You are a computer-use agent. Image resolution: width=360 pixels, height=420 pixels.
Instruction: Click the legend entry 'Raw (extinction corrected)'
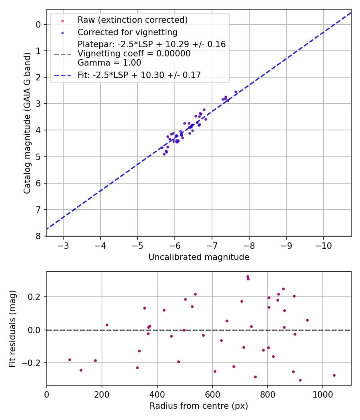132,20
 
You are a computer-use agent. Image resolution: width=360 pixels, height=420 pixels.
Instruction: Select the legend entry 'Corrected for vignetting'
128,32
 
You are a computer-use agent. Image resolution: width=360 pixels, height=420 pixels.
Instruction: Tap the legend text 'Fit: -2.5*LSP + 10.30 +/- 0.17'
139,75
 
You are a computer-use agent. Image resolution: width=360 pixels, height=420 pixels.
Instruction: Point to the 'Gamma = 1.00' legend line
109,63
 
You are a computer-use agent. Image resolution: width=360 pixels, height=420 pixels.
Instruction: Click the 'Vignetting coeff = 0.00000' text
134,54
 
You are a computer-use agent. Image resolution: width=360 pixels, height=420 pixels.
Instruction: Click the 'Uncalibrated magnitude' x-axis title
199,257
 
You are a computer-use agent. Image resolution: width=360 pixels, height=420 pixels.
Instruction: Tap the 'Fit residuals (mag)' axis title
13,328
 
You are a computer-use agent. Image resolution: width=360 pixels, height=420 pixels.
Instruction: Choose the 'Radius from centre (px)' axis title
199,406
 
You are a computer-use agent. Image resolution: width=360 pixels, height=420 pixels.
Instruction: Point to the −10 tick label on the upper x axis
323,245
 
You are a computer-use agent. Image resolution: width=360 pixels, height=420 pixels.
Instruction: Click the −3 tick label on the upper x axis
63,245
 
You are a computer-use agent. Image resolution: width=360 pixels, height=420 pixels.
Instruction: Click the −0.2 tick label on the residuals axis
33,363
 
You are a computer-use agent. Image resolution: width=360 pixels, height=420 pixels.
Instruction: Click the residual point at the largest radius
334,375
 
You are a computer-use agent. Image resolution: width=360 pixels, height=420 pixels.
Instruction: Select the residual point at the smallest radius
70,360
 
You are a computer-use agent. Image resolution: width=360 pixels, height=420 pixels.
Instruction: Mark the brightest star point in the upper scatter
236,92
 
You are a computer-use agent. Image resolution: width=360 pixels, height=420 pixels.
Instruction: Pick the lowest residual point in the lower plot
300,380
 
